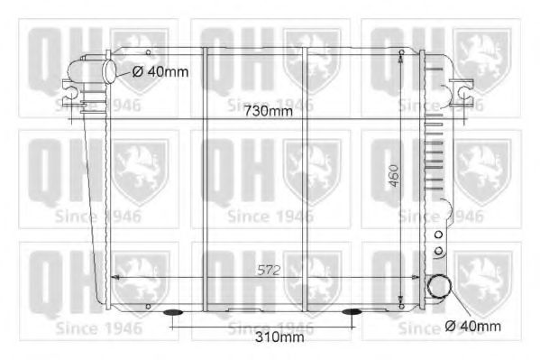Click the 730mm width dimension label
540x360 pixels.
pyautogui.click(x=269, y=111)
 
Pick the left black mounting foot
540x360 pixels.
pyautogui.click(x=175, y=313)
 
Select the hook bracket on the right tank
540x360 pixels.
pyautogui.click(x=464, y=88)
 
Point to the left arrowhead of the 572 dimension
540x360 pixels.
pyautogui.click(x=112, y=277)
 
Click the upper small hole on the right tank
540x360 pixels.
pyautogui.click(x=439, y=235)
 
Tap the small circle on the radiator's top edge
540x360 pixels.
pyautogui.click(x=400, y=52)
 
